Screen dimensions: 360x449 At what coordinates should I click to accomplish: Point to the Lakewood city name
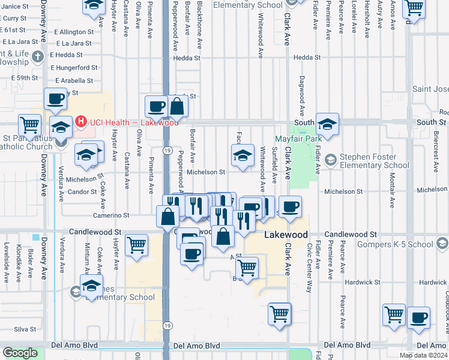tap(286, 235)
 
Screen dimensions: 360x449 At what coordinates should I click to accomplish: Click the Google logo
tap(20, 353)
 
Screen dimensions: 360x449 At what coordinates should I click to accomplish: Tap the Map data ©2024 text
tap(423, 355)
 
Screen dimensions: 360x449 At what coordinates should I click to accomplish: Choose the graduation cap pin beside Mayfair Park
tap(328, 124)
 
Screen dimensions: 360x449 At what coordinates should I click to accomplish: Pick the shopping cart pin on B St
tap(247, 267)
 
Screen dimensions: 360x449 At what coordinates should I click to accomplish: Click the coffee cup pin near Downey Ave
tap(56, 98)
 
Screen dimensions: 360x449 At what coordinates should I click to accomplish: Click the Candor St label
tap(82, 192)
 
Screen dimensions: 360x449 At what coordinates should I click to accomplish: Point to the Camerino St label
tap(111, 215)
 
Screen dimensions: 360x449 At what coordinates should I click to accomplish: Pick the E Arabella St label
tap(74, 80)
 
